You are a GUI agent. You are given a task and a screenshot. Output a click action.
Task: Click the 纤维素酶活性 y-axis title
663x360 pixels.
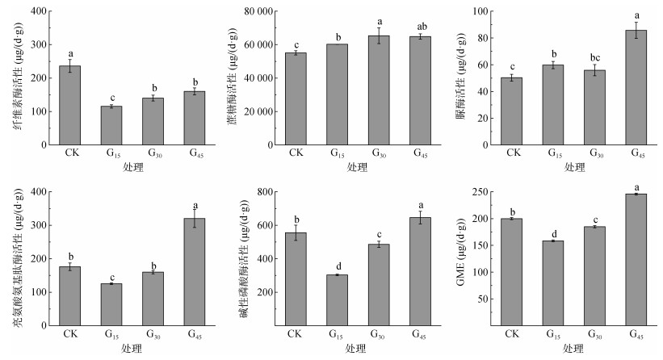[17, 77]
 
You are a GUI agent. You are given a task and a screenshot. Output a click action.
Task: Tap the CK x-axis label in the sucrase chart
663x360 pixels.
[296, 153]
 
